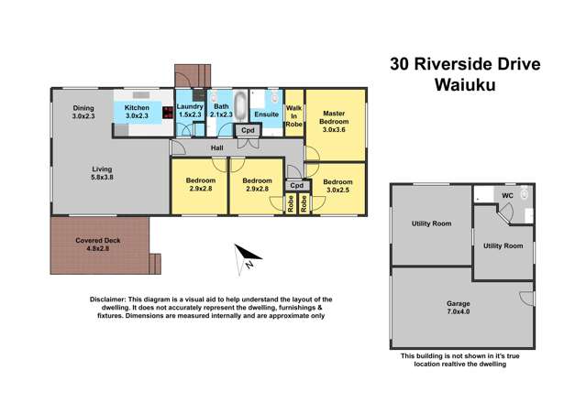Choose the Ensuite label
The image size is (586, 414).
pos(266,114)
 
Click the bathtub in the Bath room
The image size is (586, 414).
pos(240,108)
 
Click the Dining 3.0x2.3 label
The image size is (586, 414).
pos(83,112)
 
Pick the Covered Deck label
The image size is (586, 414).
pos(92,245)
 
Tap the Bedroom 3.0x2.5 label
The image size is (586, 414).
pos(337,186)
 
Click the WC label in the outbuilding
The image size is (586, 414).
pos(507,195)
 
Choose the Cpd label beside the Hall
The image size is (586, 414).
pos(248,132)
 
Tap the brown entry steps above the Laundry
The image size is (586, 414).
pos(193,74)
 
